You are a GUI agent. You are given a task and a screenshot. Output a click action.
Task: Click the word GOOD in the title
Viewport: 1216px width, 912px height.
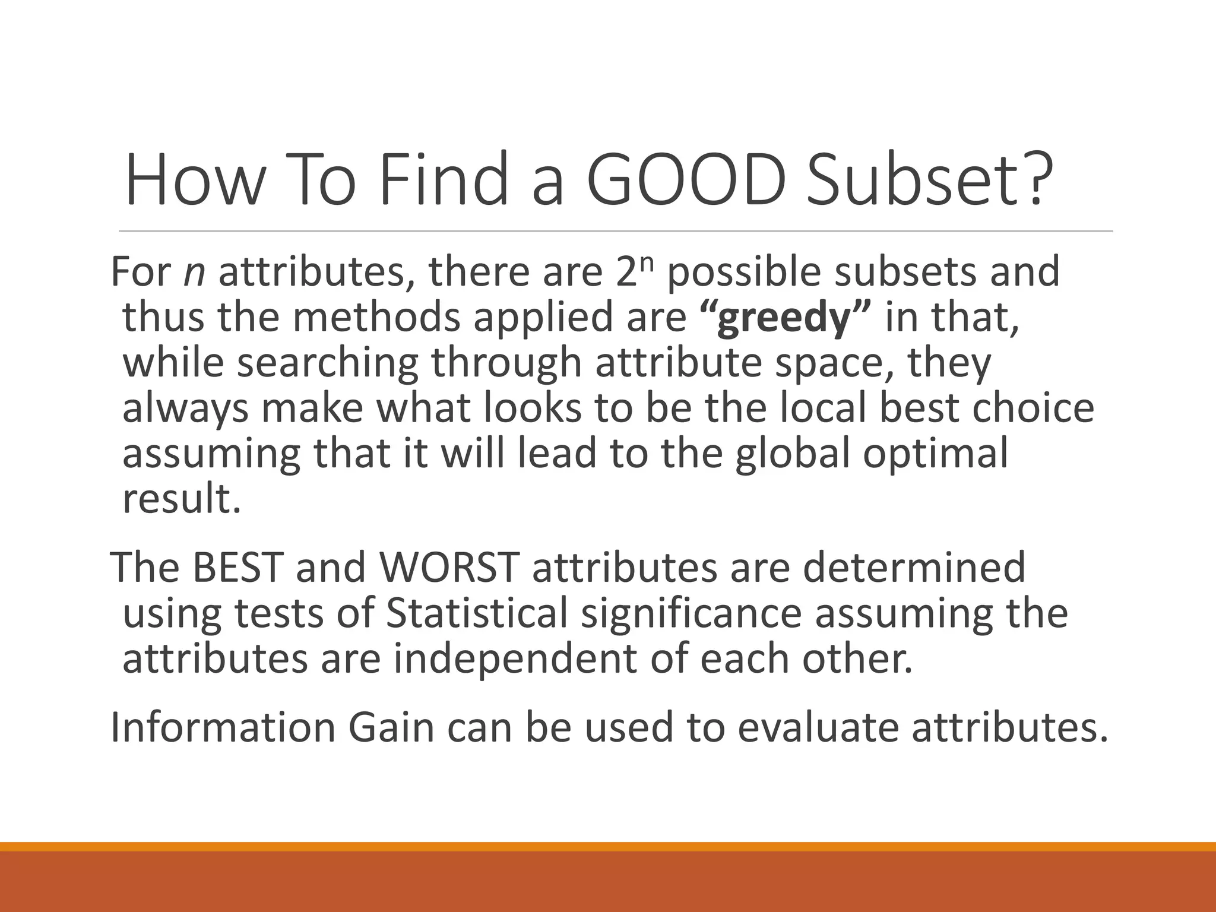(686, 179)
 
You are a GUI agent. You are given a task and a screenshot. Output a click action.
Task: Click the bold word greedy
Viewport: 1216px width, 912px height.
(784, 318)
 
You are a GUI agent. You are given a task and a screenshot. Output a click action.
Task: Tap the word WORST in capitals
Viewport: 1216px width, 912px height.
(449, 567)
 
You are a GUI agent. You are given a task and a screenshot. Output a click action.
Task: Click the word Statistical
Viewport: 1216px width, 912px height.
(477, 613)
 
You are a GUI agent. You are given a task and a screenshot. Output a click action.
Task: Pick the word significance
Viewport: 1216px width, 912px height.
(691, 613)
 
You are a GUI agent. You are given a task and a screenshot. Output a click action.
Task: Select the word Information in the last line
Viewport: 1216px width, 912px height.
(223, 727)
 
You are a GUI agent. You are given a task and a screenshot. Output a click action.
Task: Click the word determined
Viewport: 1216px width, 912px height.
(914, 567)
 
